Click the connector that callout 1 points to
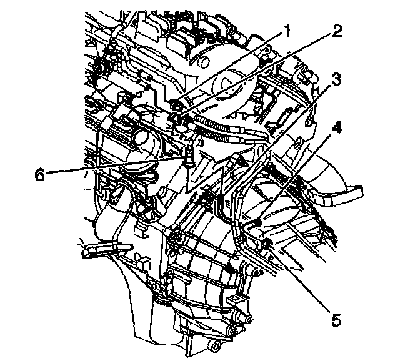pyautogui.click(x=177, y=103)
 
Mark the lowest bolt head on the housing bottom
pyautogui.click(x=215, y=345)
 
